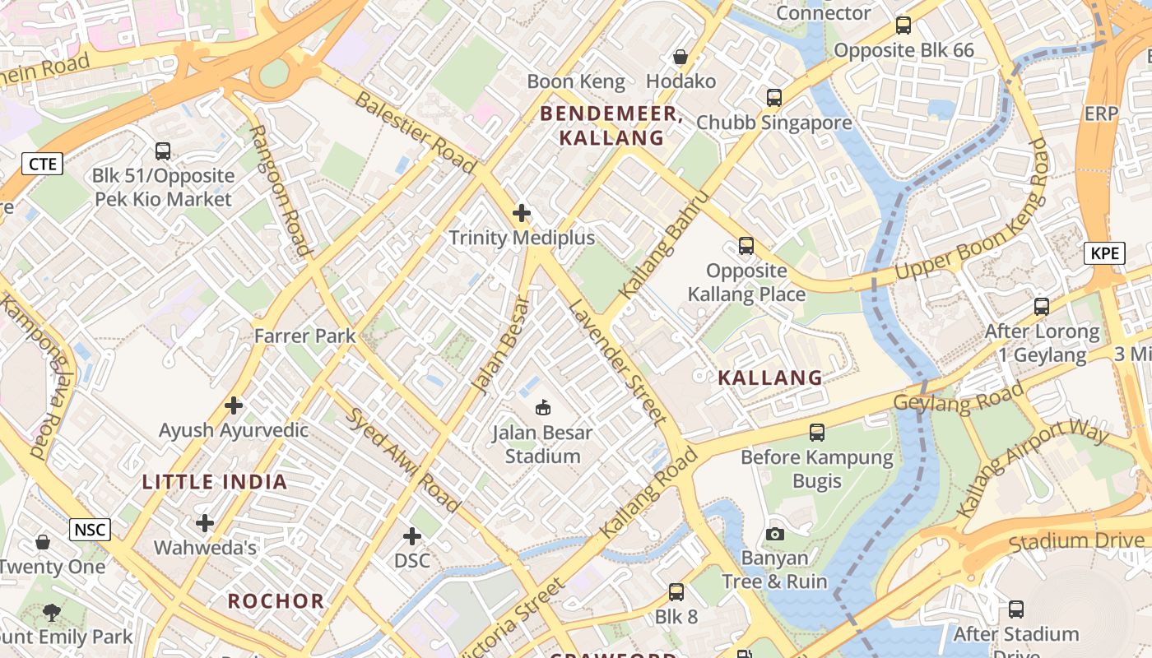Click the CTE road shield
pyautogui.click(x=43, y=164)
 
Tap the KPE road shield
pyautogui.click(x=1104, y=253)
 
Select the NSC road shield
pyautogui.click(x=90, y=529)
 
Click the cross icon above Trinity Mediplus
pyautogui.click(x=522, y=213)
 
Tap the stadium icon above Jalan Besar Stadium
pyautogui.click(x=543, y=406)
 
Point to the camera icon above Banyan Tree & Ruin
pyautogui.click(x=774, y=534)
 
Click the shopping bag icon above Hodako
pyautogui.click(x=681, y=57)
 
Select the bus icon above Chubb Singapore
pyautogui.click(x=774, y=97)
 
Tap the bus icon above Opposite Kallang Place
pyautogui.click(x=746, y=245)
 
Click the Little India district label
pyautogui.click(x=215, y=482)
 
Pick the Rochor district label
pyautogui.click(x=276, y=600)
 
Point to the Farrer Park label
pyautogui.click(x=304, y=336)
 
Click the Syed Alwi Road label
pyautogui.click(x=402, y=459)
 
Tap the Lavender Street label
pyautogui.click(x=617, y=362)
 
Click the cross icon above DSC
pyautogui.click(x=412, y=536)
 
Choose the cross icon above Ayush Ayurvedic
pyautogui.click(x=234, y=405)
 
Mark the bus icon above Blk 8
pyautogui.click(x=676, y=591)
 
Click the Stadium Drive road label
pyautogui.click(x=1075, y=541)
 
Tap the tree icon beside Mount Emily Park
pyautogui.click(x=52, y=612)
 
